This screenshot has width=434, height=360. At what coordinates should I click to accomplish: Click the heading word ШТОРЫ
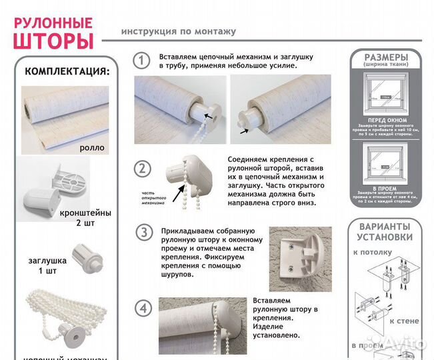coord(53,41)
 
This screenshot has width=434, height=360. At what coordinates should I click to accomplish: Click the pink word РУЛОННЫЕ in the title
coord(53,20)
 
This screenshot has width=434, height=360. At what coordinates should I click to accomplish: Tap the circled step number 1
coord(141,61)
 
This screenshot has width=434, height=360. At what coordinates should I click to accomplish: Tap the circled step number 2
coord(141,169)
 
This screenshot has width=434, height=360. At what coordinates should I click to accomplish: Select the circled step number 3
coord(142,233)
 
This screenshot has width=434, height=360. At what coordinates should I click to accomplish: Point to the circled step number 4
coord(142,308)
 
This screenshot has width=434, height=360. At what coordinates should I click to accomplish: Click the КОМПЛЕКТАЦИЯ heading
coord(67,71)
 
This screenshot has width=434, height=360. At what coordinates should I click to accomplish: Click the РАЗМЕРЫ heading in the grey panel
coord(386,58)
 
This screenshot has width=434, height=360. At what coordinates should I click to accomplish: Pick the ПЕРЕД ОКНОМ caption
coord(386,118)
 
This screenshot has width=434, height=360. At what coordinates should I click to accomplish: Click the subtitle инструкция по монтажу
coord(178,31)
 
